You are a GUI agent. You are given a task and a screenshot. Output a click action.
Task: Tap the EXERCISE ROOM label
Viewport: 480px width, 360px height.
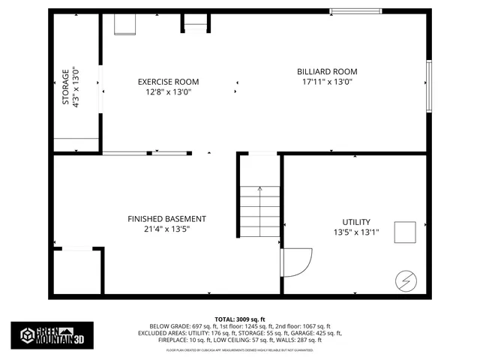(168, 82)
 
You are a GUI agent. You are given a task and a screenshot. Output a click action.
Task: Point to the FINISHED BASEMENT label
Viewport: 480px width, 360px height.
(166, 219)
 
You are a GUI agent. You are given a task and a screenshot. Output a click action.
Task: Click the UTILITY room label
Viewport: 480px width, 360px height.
(356, 222)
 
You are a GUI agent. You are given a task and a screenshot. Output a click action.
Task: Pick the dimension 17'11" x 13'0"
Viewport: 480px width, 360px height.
(326, 82)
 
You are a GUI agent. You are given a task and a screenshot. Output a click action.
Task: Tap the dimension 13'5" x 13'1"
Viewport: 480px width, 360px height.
(356, 232)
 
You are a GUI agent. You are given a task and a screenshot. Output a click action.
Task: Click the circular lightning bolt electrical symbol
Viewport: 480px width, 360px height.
(404, 281)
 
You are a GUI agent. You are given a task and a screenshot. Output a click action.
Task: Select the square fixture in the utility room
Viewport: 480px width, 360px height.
(406, 232)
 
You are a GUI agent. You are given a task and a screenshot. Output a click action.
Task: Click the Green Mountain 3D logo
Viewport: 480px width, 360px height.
(52, 334)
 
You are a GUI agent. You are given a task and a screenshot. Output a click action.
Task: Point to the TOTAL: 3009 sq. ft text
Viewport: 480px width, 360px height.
(240, 319)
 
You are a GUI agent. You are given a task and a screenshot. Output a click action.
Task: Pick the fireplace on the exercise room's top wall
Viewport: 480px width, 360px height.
(195, 22)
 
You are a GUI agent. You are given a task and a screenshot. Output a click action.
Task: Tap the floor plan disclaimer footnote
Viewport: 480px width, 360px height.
(240, 349)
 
